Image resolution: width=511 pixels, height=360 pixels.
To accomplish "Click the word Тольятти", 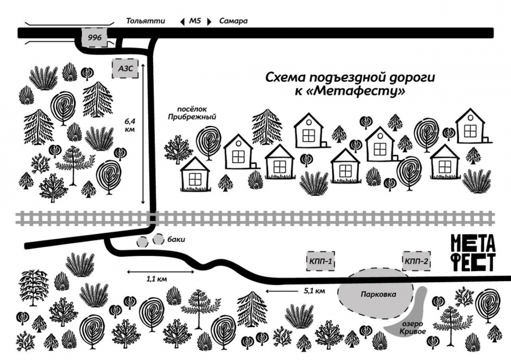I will pyautogui.click(x=146, y=21).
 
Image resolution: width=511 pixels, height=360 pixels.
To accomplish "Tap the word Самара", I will pyautogui.click(x=233, y=21).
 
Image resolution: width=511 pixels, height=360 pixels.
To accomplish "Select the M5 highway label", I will pyautogui.click(x=195, y=21).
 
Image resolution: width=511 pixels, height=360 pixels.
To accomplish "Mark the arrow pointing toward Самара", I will pyautogui.click(x=209, y=21).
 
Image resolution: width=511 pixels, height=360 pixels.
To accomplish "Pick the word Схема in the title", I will pyautogui.click(x=286, y=77).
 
